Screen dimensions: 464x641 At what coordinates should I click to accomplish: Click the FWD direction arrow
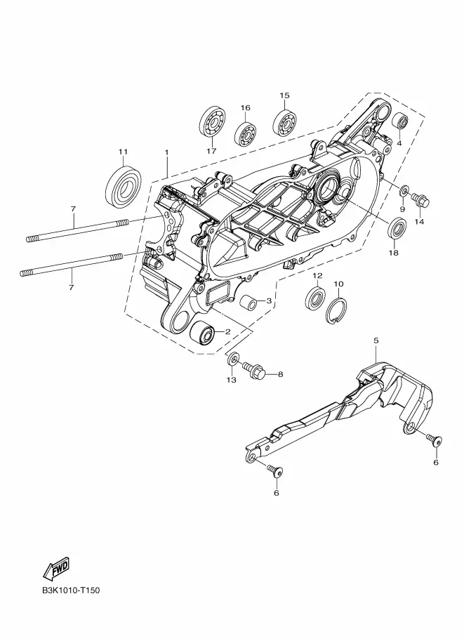[x=56, y=569]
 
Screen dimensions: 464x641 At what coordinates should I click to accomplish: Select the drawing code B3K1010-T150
[x=70, y=590]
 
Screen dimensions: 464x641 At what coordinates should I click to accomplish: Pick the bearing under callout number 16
[x=245, y=132]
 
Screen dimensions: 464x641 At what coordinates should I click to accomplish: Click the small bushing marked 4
[x=400, y=120]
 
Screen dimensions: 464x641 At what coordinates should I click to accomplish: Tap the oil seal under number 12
[x=316, y=298]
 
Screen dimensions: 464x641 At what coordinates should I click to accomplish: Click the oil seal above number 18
[x=397, y=232]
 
